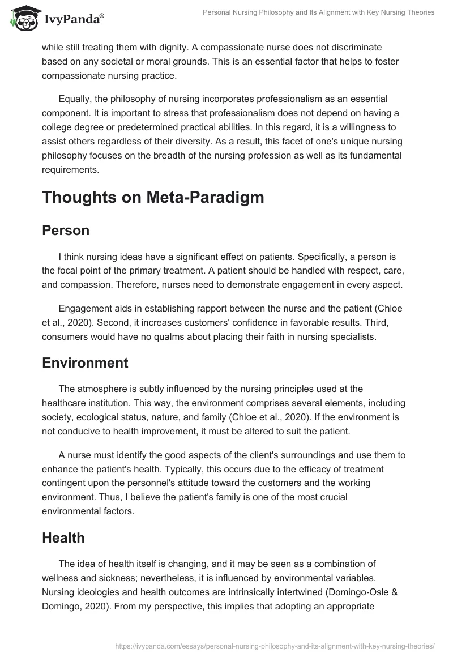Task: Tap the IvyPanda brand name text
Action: click(x=71, y=19)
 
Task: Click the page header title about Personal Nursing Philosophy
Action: click(x=318, y=12)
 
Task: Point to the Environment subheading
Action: click(x=85, y=362)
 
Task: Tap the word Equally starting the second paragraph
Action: click(x=76, y=99)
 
